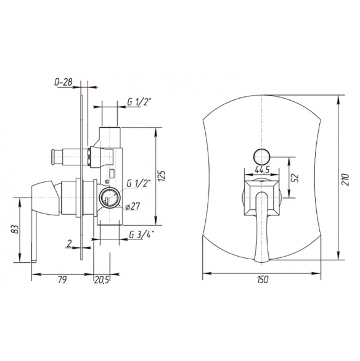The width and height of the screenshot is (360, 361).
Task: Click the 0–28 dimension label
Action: (x=63, y=82)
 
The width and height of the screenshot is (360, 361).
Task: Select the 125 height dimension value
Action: (x=162, y=176)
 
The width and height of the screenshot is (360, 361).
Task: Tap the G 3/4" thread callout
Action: (x=141, y=235)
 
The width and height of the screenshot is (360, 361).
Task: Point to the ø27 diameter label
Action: (x=133, y=206)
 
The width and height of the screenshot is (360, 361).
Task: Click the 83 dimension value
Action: (x=15, y=230)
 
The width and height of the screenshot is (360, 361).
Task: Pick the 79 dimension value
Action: (x=62, y=280)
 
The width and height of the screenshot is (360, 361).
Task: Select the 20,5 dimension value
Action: (x=101, y=280)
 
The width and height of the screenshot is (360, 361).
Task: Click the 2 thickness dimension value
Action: (x=69, y=243)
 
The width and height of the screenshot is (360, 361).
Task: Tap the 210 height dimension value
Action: (x=345, y=180)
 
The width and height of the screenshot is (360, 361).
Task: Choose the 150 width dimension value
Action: (x=262, y=280)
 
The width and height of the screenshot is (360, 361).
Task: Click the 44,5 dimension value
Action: (x=262, y=170)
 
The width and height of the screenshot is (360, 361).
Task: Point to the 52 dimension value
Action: (x=295, y=178)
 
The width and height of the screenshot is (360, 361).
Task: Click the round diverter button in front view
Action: (x=262, y=157)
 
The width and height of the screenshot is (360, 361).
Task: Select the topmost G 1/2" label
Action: (x=138, y=102)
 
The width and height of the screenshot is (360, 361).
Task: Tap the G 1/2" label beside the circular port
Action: (x=138, y=183)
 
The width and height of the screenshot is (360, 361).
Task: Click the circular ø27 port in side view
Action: (x=110, y=197)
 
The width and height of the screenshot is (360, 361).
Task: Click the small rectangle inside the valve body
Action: (x=112, y=173)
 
